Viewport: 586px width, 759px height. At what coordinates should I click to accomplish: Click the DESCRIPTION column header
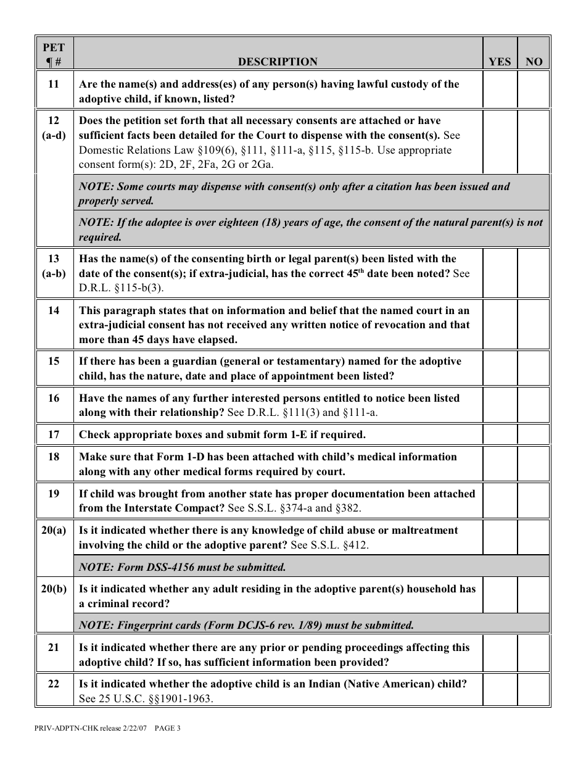[x=278, y=62]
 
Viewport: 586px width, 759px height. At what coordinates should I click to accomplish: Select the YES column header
[x=500, y=62]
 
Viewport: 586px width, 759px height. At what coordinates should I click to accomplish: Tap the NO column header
[x=534, y=62]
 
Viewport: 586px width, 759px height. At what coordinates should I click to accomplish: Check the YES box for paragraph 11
[x=500, y=91]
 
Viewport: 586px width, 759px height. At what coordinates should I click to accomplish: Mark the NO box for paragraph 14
[x=534, y=325]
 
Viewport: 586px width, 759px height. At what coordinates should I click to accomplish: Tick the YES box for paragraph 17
[x=500, y=434]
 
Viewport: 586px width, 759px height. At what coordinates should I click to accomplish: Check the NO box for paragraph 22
[x=534, y=691]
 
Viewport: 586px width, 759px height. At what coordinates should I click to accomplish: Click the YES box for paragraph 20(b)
[x=500, y=595]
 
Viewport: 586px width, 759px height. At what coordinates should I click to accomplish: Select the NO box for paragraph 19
[x=534, y=500]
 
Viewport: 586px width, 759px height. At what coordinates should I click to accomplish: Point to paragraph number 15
[x=54, y=362]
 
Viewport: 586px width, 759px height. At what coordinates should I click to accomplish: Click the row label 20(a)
[x=54, y=531]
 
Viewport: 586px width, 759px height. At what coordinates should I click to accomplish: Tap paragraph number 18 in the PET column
[x=54, y=457]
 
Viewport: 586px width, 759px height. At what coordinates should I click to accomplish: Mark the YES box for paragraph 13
[x=500, y=273]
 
